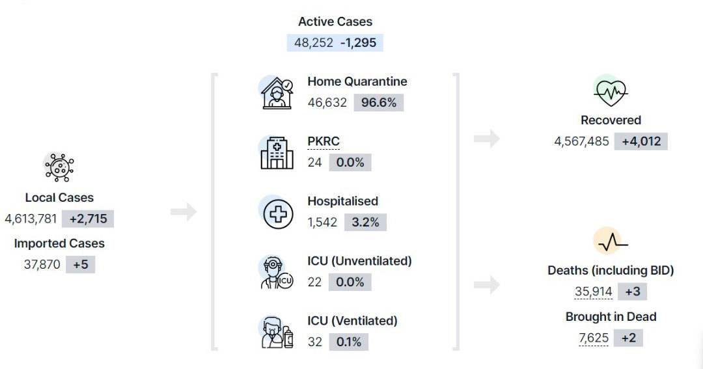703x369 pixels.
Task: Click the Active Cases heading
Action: coord(335,21)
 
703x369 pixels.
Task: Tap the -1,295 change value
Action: coord(358,42)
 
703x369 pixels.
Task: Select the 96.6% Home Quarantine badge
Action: coord(379,103)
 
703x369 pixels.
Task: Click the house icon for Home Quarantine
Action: coord(277,93)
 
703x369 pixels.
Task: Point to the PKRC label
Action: coord(324,141)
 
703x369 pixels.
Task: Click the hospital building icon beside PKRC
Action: coord(277,153)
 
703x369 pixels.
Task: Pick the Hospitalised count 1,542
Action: coord(322,222)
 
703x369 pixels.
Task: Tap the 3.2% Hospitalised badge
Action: coord(365,223)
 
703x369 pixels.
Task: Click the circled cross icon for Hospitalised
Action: coord(278,214)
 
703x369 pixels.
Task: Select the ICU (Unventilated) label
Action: coord(359,261)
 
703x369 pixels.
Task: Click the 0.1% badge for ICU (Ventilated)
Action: coord(349,342)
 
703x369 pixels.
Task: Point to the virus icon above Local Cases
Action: coord(59,167)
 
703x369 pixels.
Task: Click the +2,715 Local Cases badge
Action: coord(89,219)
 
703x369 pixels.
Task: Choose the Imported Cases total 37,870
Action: coord(42,264)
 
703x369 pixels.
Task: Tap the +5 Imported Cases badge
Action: coord(81,264)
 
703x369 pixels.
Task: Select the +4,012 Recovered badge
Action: coord(641,141)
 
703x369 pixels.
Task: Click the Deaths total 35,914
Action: coord(594,292)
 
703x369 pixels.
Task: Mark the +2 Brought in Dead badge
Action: coord(629,338)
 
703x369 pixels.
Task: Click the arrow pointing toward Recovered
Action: coord(487,139)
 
